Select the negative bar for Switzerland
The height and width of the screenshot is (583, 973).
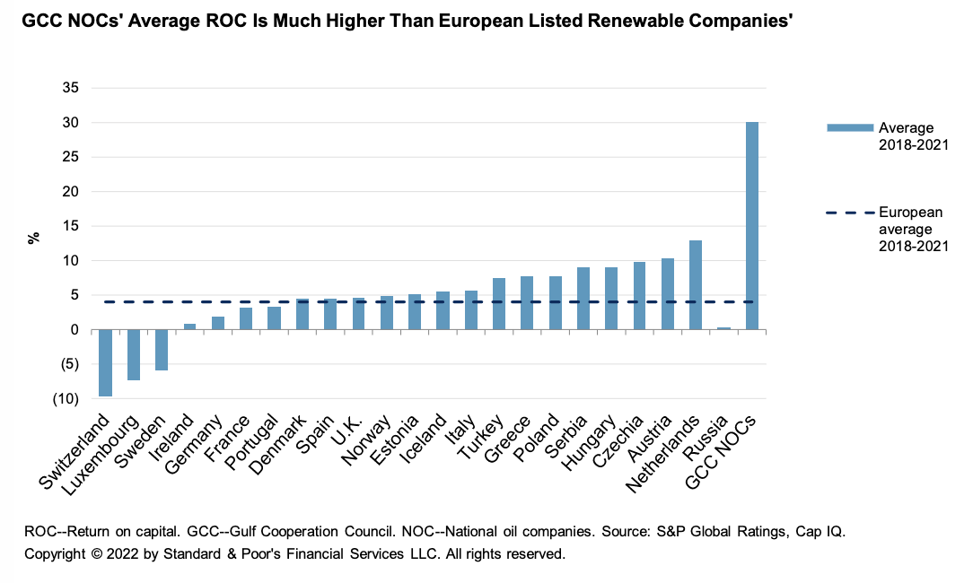pyautogui.click(x=105, y=362)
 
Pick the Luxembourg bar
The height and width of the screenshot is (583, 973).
pyautogui.click(x=134, y=354)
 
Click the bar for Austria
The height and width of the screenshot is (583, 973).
pyautogui.click(x=667, y=294)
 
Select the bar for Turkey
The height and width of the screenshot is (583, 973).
pyautogui.click(x=499, y=304)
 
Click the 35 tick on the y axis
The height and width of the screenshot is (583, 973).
pyautogui.click(x=71, y=88)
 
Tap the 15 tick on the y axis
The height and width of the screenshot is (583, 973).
pyautogui.click(x=71, y=226)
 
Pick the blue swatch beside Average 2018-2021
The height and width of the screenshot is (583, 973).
pyautogui.click(x=848, y=128)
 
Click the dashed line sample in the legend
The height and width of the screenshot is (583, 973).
pyautogui.click(x=848, y=213)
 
